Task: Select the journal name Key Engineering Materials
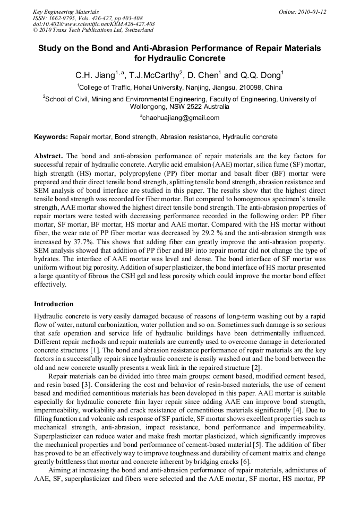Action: [x=66, y=12]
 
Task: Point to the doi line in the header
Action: [x=93, y=24]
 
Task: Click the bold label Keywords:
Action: [x=51, y=137]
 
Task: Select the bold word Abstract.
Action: [x=49, y=156]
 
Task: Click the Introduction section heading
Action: [x=54, y=304]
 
